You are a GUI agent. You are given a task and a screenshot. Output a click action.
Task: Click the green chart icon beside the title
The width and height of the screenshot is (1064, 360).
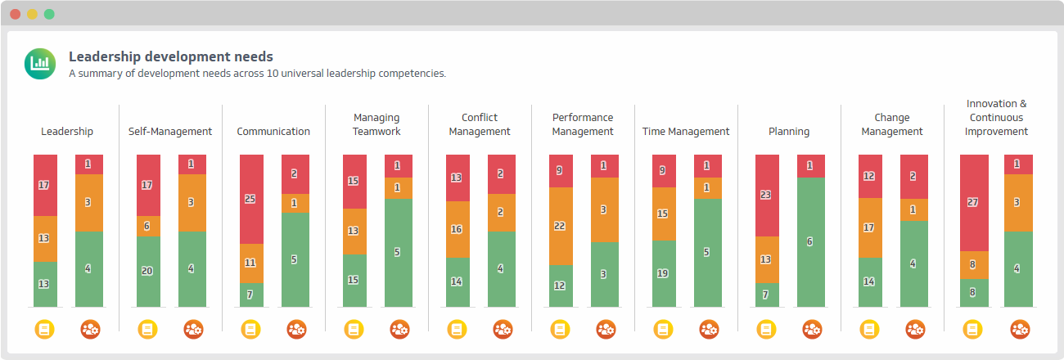coord(40,64)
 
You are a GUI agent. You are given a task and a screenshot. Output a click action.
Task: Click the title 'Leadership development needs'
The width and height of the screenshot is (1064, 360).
coord(170,56)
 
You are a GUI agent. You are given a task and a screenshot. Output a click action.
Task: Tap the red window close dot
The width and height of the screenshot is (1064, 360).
coord(16,14)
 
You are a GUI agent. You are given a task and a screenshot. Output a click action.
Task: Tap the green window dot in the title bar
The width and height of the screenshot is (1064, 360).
coord(49,14)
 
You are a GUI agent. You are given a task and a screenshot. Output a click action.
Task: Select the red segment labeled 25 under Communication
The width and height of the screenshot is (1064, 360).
coord(251,199)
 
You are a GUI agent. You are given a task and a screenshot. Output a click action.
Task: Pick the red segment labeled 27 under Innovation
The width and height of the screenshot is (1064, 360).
coord(973,202)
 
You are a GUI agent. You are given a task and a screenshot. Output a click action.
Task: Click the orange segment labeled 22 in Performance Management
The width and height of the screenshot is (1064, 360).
coord(561,226)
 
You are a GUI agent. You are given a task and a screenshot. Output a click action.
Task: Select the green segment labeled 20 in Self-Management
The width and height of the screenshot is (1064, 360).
coord(148,272)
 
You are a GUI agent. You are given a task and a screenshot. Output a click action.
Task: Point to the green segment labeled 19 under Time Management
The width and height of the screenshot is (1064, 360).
coord(664,273)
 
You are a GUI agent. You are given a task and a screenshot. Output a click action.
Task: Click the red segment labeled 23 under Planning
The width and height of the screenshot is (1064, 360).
coord(767,196)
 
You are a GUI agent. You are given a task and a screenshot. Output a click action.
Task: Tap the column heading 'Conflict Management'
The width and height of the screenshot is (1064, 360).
coord(480,124)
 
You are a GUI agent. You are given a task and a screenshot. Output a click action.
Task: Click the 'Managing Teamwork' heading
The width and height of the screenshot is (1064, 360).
coord(376,124)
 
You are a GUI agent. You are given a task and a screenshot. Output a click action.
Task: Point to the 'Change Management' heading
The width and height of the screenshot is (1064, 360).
coord(891,124)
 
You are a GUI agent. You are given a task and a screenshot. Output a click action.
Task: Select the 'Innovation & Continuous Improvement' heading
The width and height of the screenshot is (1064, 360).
coord(995,118)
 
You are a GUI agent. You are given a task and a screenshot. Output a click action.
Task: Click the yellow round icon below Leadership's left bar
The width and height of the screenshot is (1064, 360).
coord(45,330)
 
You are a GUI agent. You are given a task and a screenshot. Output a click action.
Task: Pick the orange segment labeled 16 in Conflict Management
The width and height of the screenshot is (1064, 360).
coord(458,230)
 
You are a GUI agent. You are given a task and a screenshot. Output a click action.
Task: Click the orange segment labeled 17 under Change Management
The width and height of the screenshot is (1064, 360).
coord(870,228)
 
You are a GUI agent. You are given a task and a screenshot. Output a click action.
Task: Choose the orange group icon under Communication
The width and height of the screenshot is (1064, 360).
coord(295,330)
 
